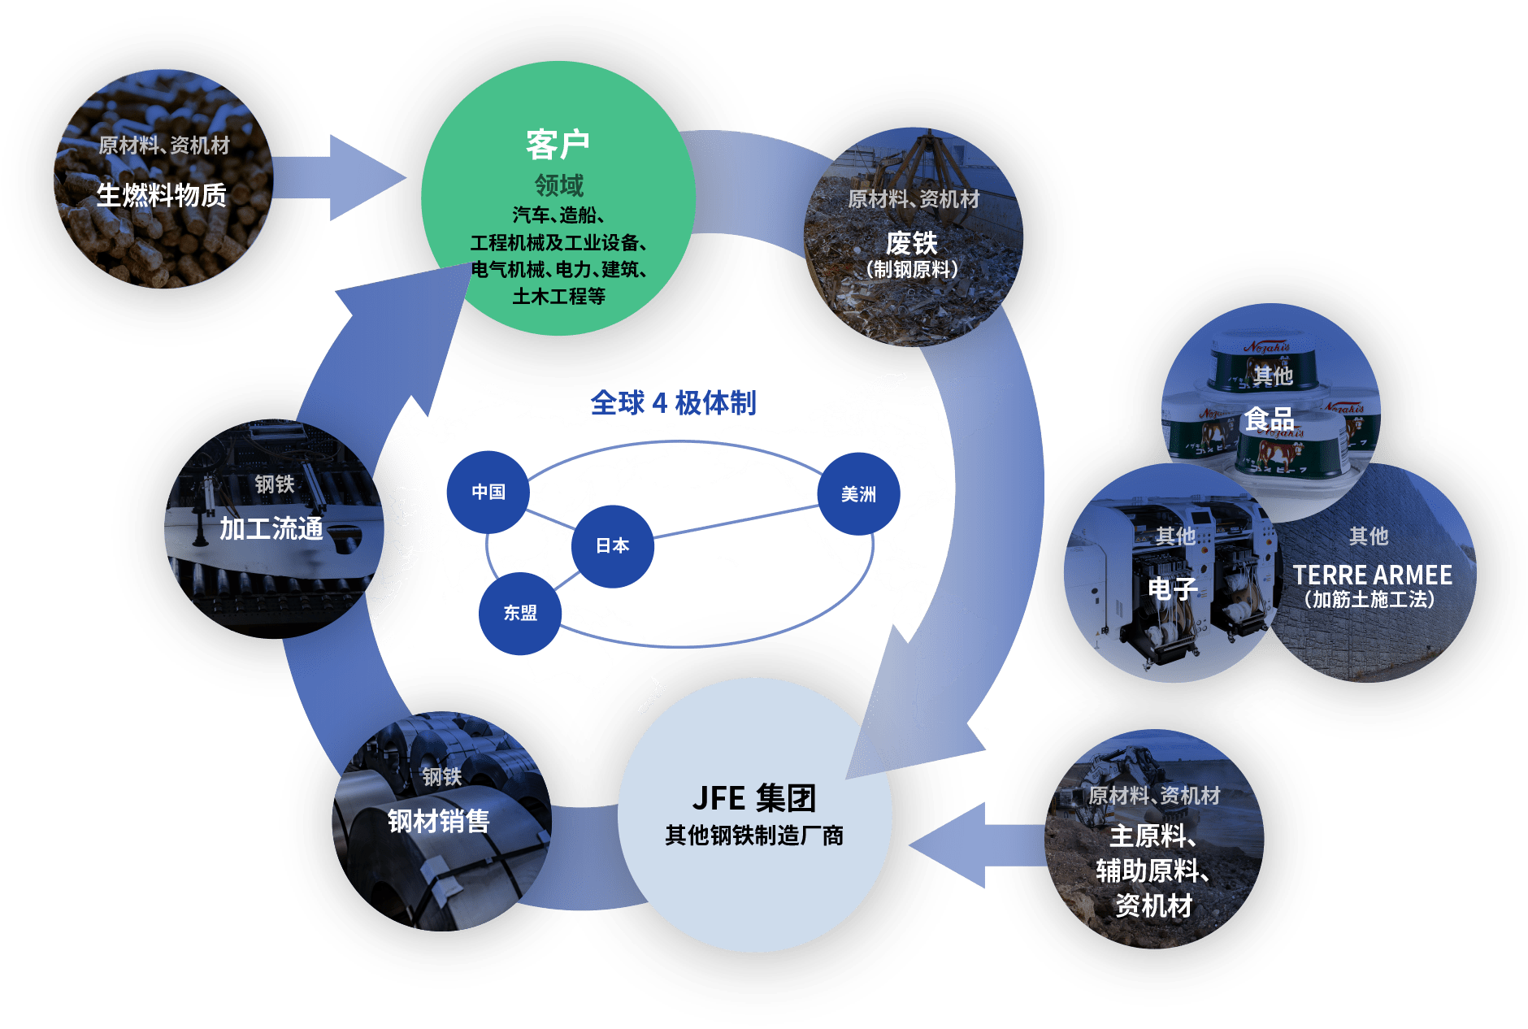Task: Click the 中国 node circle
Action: (488, 492)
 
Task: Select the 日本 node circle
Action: (613, 546)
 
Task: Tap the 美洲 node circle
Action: (858, 494)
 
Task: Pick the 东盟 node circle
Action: (520, 613)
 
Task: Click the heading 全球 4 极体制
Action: (673, 402)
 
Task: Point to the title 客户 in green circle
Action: (558, 145)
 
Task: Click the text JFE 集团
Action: (754, 798)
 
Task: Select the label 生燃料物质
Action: (162, 195)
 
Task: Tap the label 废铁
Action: (912, 242)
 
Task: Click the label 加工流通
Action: (271, 528)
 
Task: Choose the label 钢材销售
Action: (439, 821)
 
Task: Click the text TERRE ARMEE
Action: (1373, 575)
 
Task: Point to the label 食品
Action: (1270, 419)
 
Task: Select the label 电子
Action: (1173, 588)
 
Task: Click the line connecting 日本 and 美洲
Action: (736, 522)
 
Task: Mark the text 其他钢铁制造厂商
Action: (754, 835)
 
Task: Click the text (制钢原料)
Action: (912, 269)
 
